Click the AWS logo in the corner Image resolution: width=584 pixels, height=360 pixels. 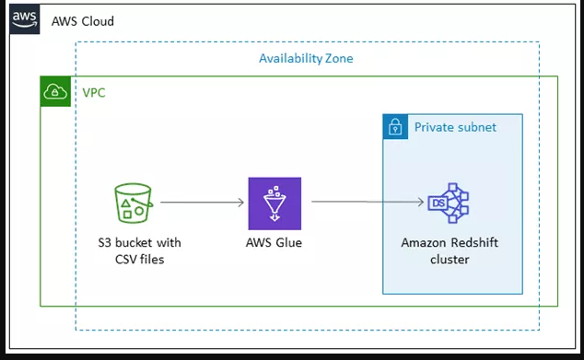click(x=24, y=19)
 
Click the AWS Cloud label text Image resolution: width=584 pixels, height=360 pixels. click(x=82, y=20)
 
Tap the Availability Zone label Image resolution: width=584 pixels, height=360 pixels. click(x=306, y=59)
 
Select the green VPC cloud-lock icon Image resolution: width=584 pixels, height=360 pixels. click(x=55, y=92)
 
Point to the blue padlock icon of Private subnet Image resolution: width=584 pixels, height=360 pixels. click(x=395, y=127)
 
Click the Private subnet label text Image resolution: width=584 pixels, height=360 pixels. click(x=455, y=127)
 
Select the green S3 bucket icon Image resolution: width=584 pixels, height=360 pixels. click(x=134, y=203)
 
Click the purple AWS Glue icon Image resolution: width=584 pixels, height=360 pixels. click(x=274, y=203)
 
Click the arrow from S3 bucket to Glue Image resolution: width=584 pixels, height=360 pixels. click(x=203, y=202)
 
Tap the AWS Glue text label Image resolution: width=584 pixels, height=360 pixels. click(x=274, y=243)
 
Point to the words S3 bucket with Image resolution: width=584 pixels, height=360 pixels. click(x=139, y=243)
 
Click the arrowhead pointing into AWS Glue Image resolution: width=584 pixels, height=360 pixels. click(x=241, y=202)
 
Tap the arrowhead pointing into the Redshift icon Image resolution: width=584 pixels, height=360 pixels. click(x=420, y=202)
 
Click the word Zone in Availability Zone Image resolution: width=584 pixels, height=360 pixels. click(x=337, y=59)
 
